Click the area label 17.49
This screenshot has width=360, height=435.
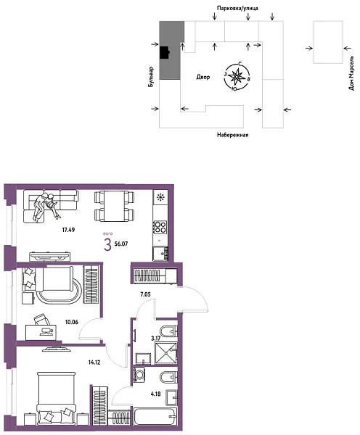[x=68, y=230]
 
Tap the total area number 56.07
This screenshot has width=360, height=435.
[x=121, y=244]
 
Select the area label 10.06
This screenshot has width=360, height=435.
[x=71, y=322]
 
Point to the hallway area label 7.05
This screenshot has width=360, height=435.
[x=145, y=294]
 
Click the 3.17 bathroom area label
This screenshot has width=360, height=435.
[x=155, y=338]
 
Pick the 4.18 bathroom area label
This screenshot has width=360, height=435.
[x=155, y=394]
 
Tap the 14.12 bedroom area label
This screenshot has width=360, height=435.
[x=93, y=362]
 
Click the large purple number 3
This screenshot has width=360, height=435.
[x=107, y=245]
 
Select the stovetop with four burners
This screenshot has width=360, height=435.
[x=160, y=227]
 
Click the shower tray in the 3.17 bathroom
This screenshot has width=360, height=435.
[x=165, y=353]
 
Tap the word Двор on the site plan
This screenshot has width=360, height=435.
[x=203, y=77]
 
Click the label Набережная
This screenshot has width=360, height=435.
[x=233, y=135]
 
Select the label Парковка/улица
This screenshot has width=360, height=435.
[x=237, y=8]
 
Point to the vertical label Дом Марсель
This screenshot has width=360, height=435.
[x=352, y=73]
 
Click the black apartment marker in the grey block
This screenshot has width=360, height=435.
[x=165, y=52]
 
